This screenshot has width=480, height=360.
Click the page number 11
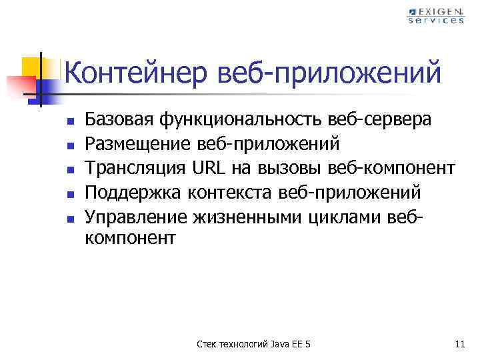[458, 344]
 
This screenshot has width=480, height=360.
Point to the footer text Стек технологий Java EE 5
[254, 344]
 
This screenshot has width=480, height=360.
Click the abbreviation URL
[209, 168]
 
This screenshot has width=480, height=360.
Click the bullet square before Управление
[69, 218]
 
